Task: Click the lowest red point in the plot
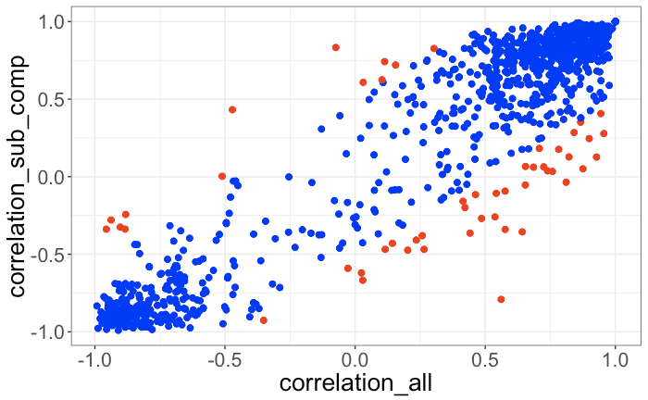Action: pyautogui.click(x=264, y=320)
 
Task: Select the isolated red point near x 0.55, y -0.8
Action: pyautogui.click(x=501, y=299)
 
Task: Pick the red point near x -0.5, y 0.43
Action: pyautogui.click(x=232, y=109)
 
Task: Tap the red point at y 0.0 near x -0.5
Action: pyautogui.click(x=222, y=176)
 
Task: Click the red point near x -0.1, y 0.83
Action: pyautogui.click(x=336, y=47)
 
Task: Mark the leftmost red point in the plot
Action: pyautogui.click(x=106, y=229)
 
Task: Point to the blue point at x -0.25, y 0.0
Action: pyautogui.click(x=289, y=176)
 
